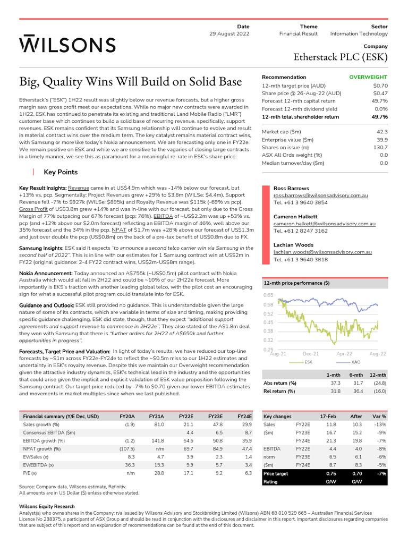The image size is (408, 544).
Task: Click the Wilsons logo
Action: pos(67,45)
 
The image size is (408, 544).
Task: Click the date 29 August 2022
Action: pos(229,34)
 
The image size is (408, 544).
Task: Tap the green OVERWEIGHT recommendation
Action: pos(368,77)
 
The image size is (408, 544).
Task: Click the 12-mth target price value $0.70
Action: pos(380,85)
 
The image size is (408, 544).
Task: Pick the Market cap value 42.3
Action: pos(381,131)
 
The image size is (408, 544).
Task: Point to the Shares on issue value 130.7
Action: pos(379,147)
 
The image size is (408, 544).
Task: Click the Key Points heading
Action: pos(61,172)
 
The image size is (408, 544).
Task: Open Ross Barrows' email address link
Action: pos(322,195)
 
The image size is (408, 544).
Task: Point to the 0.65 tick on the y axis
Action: pos(268,295)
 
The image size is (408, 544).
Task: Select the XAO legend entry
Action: pos(356,362)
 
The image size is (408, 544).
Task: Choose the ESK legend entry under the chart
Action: pos(308,362)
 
